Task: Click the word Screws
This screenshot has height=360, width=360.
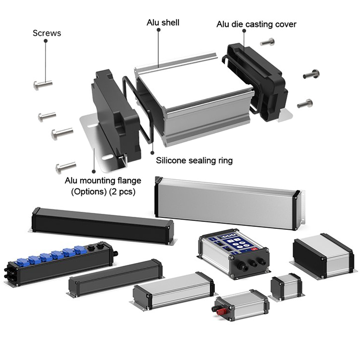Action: (47, 33)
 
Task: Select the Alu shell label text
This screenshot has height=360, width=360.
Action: (163, 23)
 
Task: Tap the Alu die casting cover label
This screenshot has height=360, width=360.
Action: (256, 24)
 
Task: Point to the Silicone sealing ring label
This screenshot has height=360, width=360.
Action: (194, 161)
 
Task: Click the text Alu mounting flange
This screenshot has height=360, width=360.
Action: (103, 181)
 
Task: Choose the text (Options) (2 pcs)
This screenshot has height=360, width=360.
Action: (103, 191)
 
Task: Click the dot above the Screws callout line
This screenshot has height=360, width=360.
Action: (46, 42)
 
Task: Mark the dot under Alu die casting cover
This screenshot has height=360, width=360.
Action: (244, 31)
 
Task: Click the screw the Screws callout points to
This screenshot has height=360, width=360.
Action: (43, 85)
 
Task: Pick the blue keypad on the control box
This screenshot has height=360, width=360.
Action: (232, 244)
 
